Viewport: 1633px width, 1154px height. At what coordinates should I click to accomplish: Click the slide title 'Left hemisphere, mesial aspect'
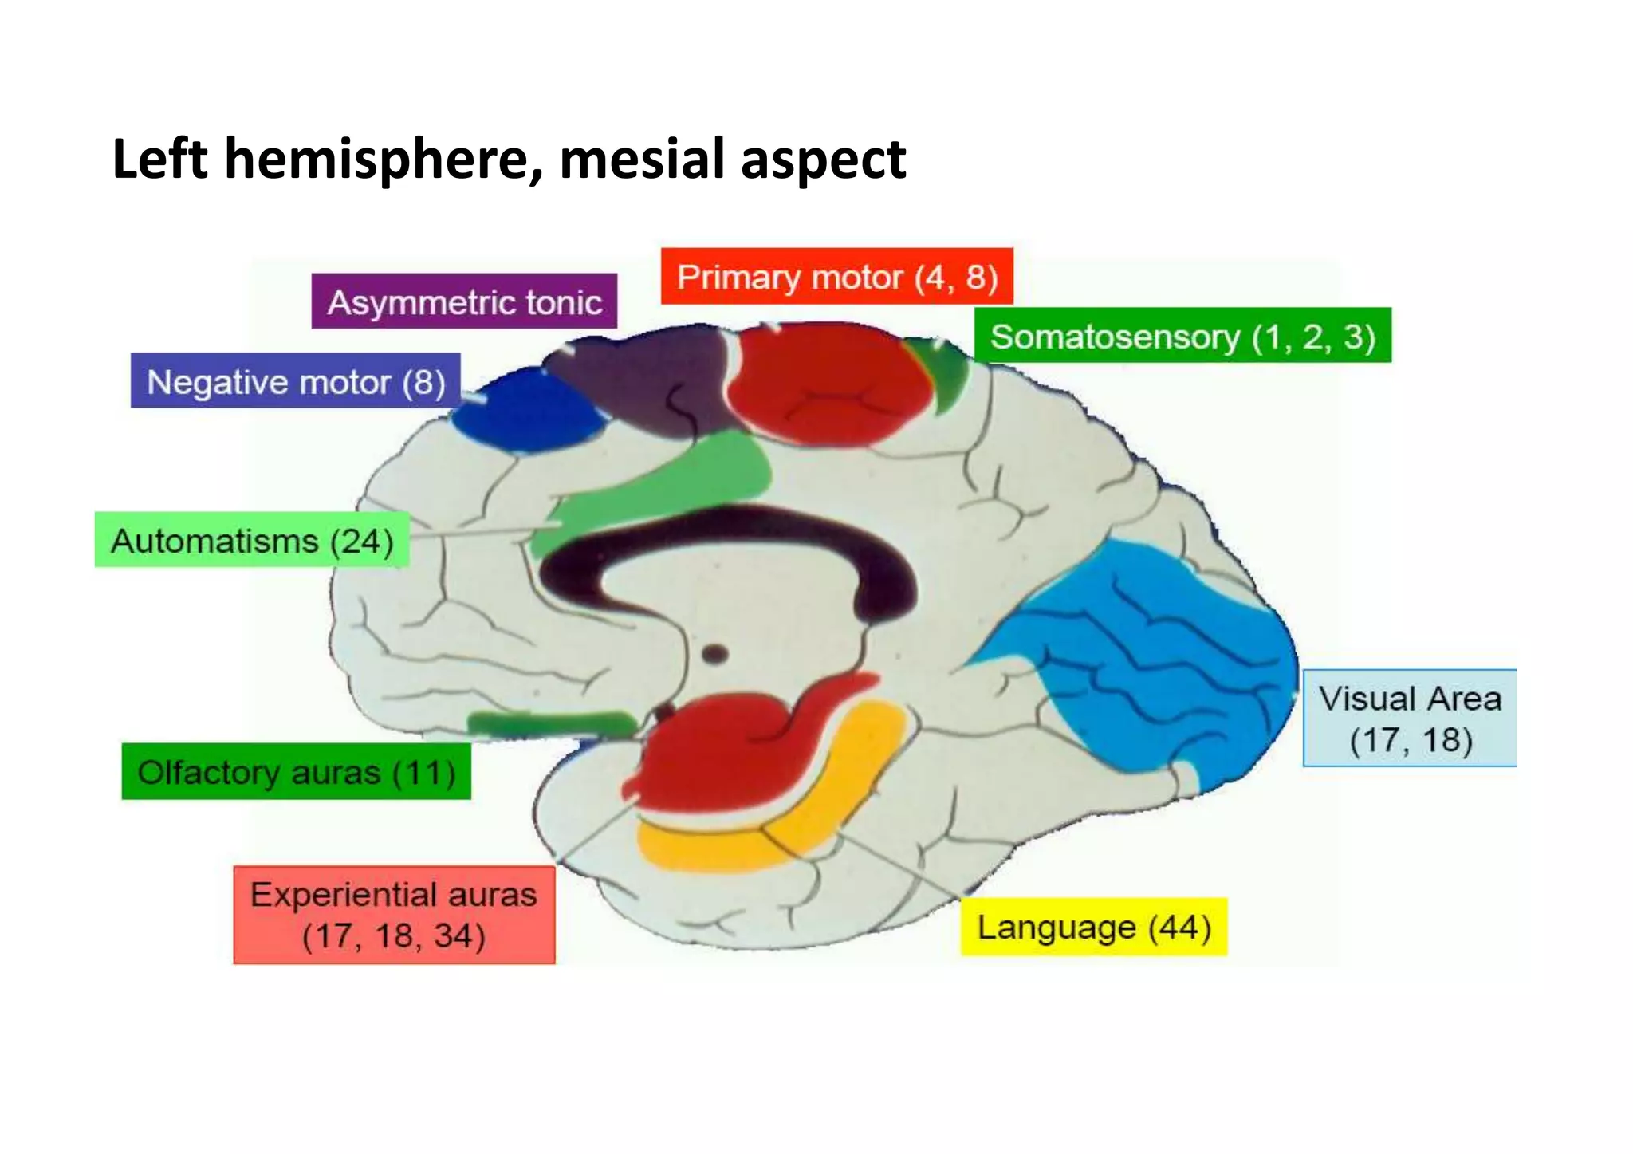pyautogui.click(x=509, y=159)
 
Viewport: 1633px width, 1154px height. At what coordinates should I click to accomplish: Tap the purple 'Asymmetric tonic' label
pyautogui.click(x=464, y=302)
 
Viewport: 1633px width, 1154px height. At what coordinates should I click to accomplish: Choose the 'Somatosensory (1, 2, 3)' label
pyautogui.click(x=1182, y=336)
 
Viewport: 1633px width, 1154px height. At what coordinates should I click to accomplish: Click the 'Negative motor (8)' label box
pyautogui.click(x=296, y=381)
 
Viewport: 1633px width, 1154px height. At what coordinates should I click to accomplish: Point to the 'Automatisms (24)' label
pyautogui.click(x=252, y=540)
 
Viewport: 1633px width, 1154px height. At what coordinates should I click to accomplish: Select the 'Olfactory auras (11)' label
pyautogui.click(x=296, y=771)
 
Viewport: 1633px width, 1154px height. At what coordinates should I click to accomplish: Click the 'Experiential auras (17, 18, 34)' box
pyautogui.click(x=394, y=915)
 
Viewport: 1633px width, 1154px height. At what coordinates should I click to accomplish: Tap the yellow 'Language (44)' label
pyautogui.click(x=1093, y=927)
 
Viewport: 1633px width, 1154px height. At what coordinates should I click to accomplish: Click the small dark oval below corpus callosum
pyautogui.click(x=714, y=655)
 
